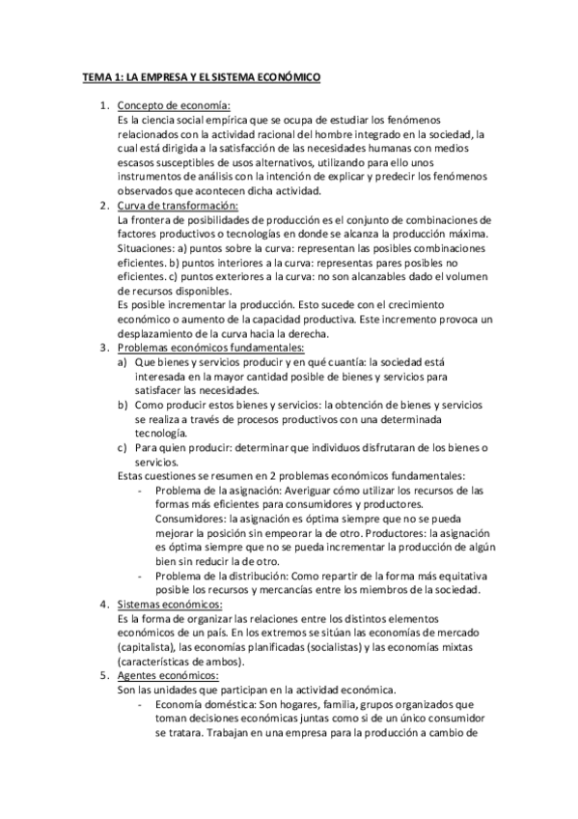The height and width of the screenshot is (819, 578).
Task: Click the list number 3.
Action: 103,348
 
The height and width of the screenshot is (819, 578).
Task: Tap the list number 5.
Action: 103,676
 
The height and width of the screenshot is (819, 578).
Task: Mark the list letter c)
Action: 122,447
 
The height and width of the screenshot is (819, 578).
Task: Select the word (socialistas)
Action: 359,648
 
